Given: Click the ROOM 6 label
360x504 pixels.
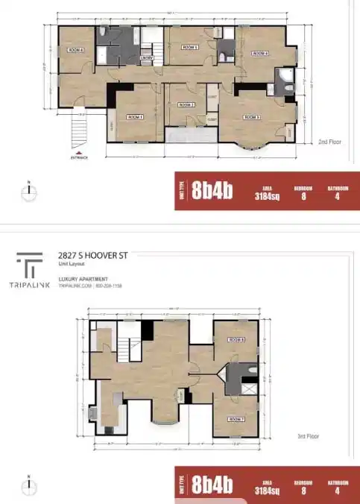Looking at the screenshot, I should point(76,51).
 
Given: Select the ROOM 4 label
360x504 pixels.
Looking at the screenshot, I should point(260,54).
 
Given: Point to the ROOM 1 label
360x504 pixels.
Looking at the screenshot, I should point(134,117).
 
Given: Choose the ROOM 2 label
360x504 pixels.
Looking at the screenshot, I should point(186,105).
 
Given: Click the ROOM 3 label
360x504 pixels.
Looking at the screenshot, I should point(252,117).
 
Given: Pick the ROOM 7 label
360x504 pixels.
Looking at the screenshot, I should point(237,419).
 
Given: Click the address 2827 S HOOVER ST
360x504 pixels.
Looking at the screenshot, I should point(93,256).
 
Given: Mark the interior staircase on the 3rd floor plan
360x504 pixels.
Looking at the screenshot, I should point(128,349).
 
